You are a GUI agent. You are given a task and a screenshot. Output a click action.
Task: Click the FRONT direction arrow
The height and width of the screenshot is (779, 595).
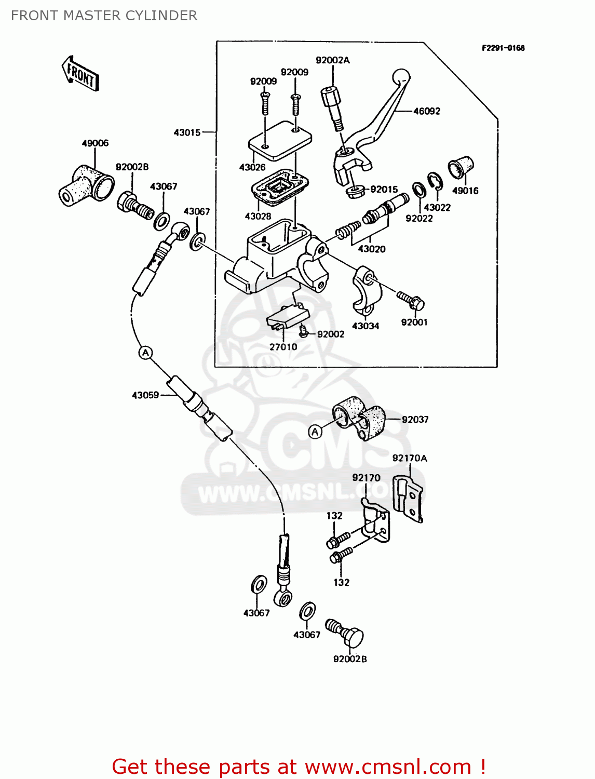click(80, 74)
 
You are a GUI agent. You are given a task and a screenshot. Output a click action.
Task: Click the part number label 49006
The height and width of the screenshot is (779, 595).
click(95, 143)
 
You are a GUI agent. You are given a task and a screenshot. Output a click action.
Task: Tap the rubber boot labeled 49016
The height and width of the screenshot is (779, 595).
click(461, 167)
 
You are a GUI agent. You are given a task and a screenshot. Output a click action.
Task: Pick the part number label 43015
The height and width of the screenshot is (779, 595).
click(187, 132)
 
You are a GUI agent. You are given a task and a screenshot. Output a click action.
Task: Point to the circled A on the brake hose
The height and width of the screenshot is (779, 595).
click(146, 353)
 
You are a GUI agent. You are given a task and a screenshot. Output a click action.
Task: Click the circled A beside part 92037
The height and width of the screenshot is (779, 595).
click(315, 432)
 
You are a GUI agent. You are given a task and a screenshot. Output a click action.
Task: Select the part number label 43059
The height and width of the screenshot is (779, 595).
click(145, 395)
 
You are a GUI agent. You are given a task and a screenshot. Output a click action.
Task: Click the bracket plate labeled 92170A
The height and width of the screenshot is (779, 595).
click(409, 498)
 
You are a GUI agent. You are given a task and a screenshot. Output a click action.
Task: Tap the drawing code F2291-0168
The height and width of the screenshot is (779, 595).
click(503, 48)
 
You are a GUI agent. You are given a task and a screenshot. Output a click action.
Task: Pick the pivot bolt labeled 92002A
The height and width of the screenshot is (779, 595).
click(333, 109)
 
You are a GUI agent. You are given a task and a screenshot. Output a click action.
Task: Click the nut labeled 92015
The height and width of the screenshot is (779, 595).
click(355, 191)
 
